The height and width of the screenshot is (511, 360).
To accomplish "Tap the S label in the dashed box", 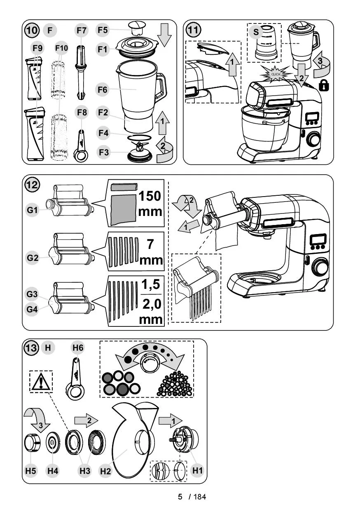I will [x=256, y=32].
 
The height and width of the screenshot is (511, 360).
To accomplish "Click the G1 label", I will [x=33, y=210].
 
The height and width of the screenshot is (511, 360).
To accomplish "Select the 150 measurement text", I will [x=150, y=196].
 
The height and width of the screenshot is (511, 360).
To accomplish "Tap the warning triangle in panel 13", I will [x=41, y=382].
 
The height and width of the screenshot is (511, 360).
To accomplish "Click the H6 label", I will [x=78, y=348].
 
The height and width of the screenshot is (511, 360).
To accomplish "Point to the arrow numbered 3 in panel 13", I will [x=38, y=420].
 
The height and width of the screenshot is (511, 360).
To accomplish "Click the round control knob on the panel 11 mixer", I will [x=313, y=139].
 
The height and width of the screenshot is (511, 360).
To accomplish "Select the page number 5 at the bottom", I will [x=180, y=497].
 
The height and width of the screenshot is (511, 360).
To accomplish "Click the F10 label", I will [x=61, y=49].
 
